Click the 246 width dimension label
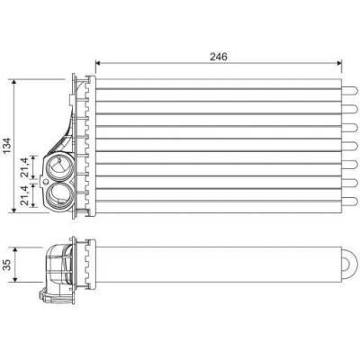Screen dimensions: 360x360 [x=219, y=57]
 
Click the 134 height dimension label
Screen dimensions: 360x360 [x=6, y=146]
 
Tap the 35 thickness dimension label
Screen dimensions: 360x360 [x=6, y=265]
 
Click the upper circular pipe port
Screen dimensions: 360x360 [x=59, y=167]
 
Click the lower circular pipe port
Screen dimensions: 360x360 [x=59, y=195]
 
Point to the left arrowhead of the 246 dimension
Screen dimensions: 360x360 [x=97, y=63]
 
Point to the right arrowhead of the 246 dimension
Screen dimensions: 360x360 [x=339, y=63]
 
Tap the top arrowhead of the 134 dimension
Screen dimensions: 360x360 [x=13, y=82]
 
